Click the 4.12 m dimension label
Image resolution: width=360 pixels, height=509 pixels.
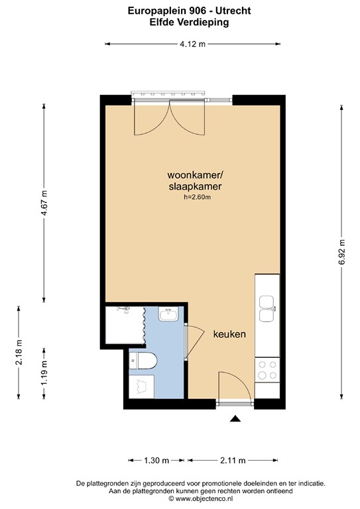click(x=192, y=44)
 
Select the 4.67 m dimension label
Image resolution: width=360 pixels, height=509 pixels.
click(x=44, y=202)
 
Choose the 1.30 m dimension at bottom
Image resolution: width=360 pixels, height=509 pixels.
click(x=156, y=460)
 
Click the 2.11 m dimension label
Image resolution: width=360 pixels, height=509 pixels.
click(x=232, y=460)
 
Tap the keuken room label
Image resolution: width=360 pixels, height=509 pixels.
click(x=229, y=335)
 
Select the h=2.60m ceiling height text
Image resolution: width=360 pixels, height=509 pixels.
click(x=198, y=197)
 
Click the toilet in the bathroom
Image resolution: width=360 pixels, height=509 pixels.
click(x=146, y=361)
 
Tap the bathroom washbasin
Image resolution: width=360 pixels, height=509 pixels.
click(x=168, y=314)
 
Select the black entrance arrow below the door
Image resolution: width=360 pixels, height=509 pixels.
click(x=235, y=418)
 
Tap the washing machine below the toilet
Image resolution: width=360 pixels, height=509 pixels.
click(x=142, y=386)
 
